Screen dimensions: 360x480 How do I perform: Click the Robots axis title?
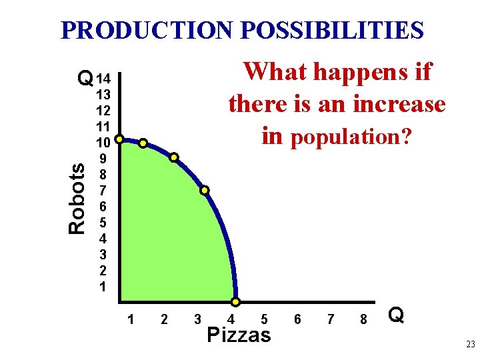coord(77,199)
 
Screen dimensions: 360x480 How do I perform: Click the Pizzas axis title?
coord(239,335)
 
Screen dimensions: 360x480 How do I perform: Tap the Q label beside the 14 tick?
coord(85,79)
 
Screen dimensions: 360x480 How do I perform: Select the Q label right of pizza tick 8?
coord(396,315)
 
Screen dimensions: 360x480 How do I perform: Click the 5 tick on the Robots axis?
coord(103,223)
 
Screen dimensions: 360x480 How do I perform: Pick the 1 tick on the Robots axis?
coord(103,287)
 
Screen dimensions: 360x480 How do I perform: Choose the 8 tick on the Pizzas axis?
coord(363,319)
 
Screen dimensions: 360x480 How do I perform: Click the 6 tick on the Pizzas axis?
coord(297,319)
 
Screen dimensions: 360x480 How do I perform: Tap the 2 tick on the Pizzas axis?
coord(164,319)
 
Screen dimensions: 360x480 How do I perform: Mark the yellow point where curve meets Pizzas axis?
coord(235,302)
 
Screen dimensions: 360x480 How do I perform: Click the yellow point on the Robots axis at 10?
coord(119,139)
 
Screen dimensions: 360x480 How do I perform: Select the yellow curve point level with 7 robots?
coord(205,190)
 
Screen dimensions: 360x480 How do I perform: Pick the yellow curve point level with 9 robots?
coord(173,157)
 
